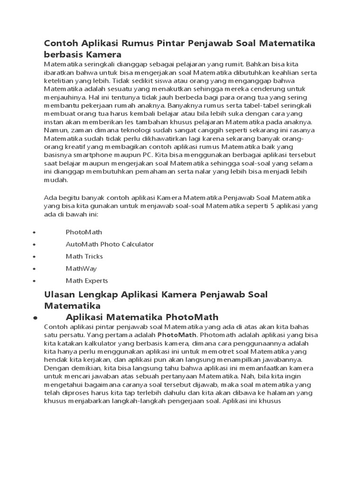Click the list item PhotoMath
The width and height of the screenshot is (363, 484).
click(x=84, y=232)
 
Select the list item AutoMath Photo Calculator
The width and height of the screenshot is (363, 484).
click(x=110, y=244)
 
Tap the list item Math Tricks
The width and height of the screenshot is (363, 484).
click(x=84, y=256)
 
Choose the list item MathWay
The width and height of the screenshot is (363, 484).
click(x=81, y=268)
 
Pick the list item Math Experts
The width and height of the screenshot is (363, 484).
click(x=87, y=281)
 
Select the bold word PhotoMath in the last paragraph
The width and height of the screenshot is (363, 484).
click(x=176, y=335)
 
